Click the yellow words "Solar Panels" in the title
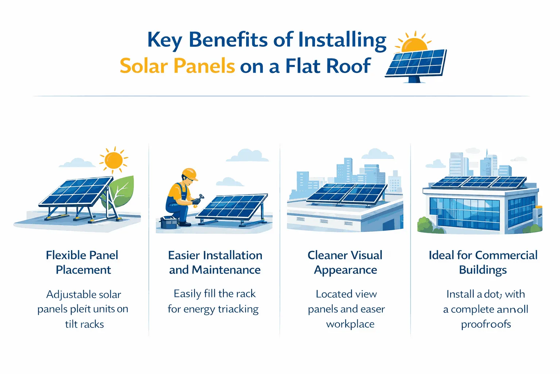click(x=177, y=66)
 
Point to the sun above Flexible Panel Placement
click(x=113, y=160)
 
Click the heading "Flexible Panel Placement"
click(x=82, y=262)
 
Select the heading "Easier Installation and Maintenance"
click(x=215, y=262)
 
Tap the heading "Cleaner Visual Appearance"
click(x=345, y=262)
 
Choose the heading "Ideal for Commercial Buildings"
click(x=483, y=262)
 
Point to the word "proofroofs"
click(x=486, y=324)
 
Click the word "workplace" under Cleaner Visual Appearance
click(x=350, y=324)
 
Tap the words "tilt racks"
click(x=84, y=324)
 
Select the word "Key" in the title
click(x=164, y=40)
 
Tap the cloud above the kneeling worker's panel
click(x=248, y=155)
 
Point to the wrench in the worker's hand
click(x=198, y=200)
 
